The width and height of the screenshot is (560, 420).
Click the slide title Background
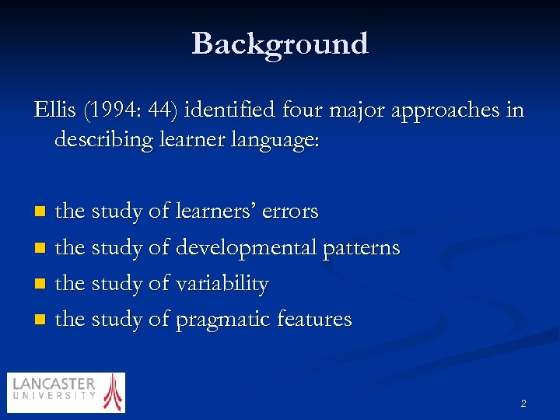click(280, 44)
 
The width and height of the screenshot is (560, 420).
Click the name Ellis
click(53, 110)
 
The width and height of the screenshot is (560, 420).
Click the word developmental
click(250, 249)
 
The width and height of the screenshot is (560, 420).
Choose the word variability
click(222, 285)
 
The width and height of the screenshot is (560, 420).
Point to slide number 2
click(523, 403)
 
